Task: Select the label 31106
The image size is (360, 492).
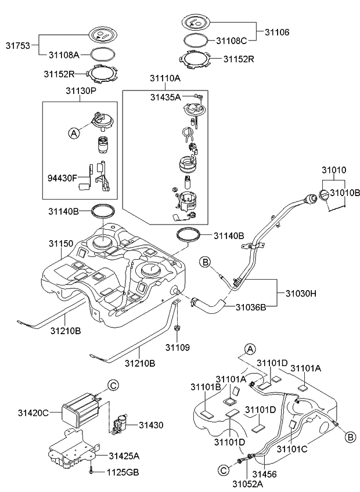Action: pos(277,32)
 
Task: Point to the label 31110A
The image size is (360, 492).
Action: pos(165,78)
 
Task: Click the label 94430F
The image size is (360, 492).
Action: pos(62,178)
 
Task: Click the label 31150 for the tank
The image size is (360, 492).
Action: pos(61,244)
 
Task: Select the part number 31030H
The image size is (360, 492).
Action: pos(301,294)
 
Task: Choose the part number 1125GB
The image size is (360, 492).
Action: pos(123,472)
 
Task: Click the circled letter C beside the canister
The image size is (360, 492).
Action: pos(114,385)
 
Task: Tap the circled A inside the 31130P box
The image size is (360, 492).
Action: pos(74,133)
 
